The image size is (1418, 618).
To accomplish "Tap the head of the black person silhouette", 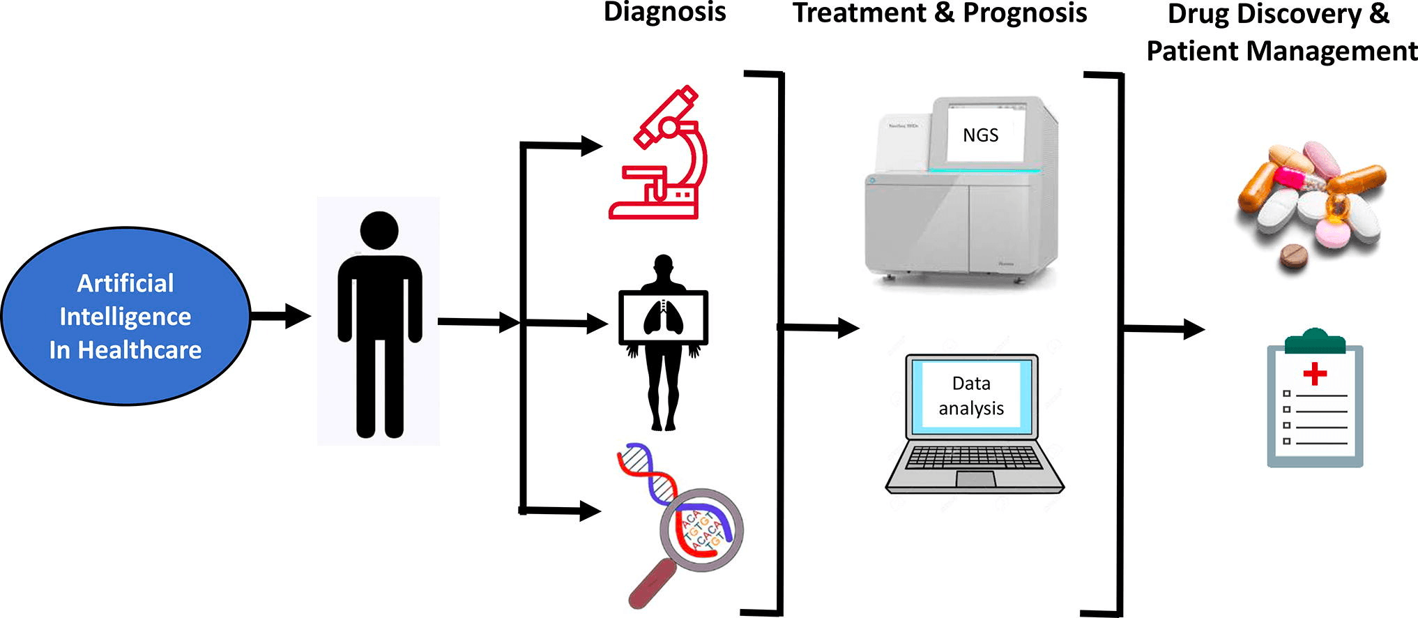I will point(379,230).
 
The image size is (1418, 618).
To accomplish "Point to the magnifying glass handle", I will point(652,583).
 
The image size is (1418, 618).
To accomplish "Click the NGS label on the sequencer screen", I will point(980,135).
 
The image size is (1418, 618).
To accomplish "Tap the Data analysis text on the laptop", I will point(971,395).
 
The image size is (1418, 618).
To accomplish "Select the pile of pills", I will point(1311,202).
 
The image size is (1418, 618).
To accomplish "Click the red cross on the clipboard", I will point(1315,373).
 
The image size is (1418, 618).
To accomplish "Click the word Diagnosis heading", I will point(664,13).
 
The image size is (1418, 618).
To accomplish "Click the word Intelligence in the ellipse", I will point(125,317).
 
